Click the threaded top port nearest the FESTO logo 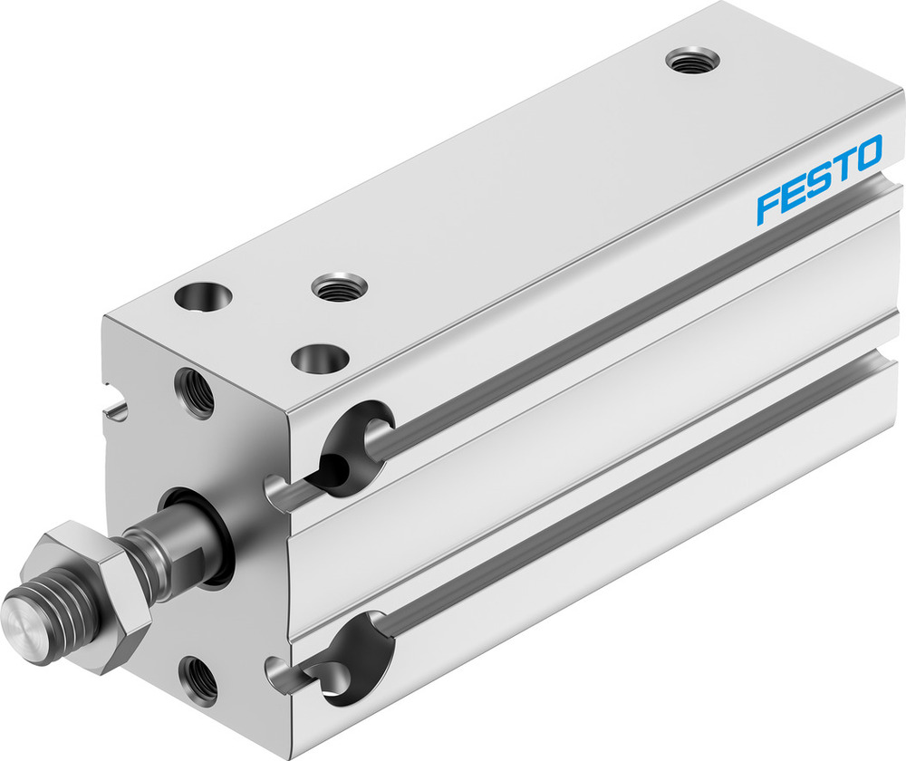(x=692, y=61)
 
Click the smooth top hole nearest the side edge (x=319, y=359)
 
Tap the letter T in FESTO (x=841, y=167)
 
